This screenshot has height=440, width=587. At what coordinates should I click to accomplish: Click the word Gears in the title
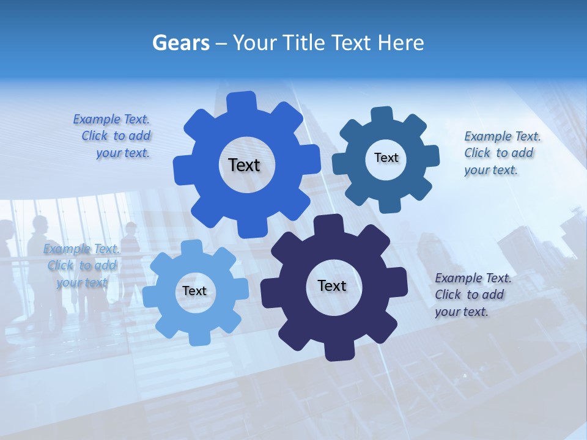click(x=181, y=43)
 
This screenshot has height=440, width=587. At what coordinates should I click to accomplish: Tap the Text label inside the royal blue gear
click(x=244, y=165)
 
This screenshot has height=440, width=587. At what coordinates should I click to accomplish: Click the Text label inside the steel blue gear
click(x=386, y=158)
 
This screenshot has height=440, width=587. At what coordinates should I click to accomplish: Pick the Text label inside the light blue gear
click(x=194, y=291)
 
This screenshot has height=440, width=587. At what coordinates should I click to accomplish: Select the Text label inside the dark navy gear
click(x=332, y=285)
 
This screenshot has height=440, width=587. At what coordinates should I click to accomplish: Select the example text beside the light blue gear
click(x=81, y=266)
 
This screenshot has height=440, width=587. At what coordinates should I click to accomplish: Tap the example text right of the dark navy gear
click(x=472, y=295)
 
